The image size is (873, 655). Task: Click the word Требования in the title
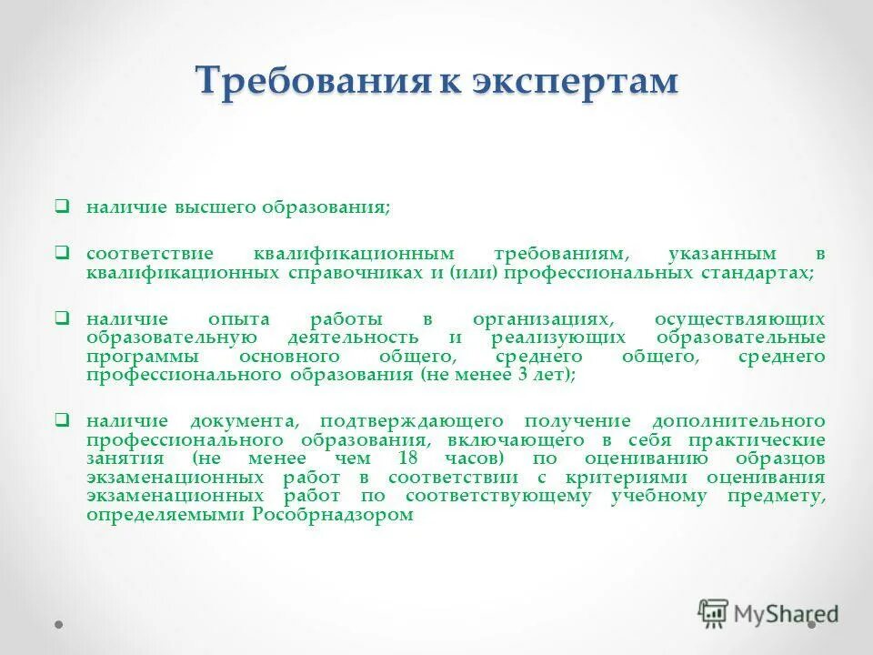click(x=312, y=81)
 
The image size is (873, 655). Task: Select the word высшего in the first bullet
click(x=214, y=207)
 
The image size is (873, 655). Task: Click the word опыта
click(x=239, y=319)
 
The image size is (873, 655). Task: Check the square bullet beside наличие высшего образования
click(x=61, y=207)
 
